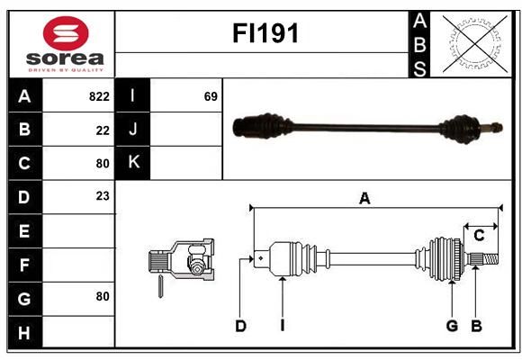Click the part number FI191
(265, 33)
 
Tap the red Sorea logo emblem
(66, 33)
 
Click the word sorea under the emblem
(65, 58)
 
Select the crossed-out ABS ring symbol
(475, 43)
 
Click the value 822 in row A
(99, 96)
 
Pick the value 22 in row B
(103, 130)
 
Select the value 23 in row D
(103, 196)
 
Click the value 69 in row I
(211, 96)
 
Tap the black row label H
(25, 332)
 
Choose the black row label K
(133, 163)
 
